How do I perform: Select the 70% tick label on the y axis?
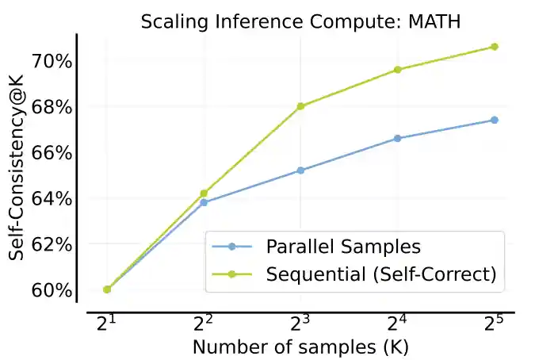tap(52, 61)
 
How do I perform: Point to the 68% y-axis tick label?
tap(52, 107)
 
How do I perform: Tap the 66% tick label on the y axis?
tap(52, 153)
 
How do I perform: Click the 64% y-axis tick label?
tap(52, 198)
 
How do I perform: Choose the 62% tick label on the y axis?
tap(52, 244)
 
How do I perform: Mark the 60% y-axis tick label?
tap(52, 290)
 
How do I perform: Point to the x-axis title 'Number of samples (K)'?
tap(300, 347)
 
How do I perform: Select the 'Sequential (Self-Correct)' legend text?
tap(380, 274)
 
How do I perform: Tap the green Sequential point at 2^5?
tap(494, 47)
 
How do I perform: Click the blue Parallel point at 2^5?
tap(494, 120)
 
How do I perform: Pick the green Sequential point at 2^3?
tap(300, 106)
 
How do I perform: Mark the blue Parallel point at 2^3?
tap(300, 170)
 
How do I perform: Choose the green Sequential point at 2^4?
tap(397, 70)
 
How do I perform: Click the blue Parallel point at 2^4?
tap(397, 139)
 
